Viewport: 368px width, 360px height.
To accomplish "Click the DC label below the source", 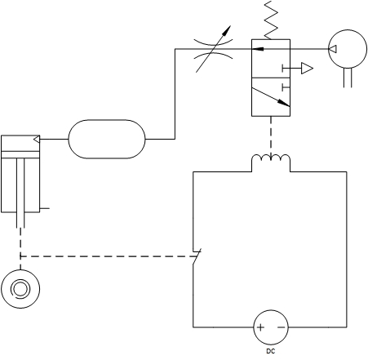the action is coord(271,351).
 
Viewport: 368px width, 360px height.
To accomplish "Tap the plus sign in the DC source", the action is coord(260,327).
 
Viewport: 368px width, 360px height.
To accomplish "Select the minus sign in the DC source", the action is coord(282,327).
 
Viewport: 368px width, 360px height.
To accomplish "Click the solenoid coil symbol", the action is coord(271,158).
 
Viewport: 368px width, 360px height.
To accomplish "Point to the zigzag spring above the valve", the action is coord(271,20).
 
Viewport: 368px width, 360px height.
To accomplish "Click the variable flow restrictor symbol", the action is coord(214,49).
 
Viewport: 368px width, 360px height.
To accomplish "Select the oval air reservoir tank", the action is coord(107,139).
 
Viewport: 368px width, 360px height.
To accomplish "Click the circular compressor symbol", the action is coord(348,49).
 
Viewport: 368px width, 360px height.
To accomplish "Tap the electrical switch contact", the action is coord(197,256).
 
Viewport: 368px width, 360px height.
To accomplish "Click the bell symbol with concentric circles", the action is coord(20,289).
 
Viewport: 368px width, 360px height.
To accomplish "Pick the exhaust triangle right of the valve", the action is coord(307,68).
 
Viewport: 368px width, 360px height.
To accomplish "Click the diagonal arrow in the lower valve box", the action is coord(271,97).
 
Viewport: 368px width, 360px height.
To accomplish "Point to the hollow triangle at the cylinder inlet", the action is coord(37,140).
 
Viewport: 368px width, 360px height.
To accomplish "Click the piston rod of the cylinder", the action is coord(20,193).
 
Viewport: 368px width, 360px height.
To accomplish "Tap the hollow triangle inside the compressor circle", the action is coord(333,49).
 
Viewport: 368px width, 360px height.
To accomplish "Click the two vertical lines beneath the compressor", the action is coord(348,78).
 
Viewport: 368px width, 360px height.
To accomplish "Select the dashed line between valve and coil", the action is coord(271,137).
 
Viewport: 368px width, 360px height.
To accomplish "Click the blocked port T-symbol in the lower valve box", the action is coord(286,87).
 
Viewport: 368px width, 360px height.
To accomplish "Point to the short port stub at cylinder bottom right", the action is coord(45,209).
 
